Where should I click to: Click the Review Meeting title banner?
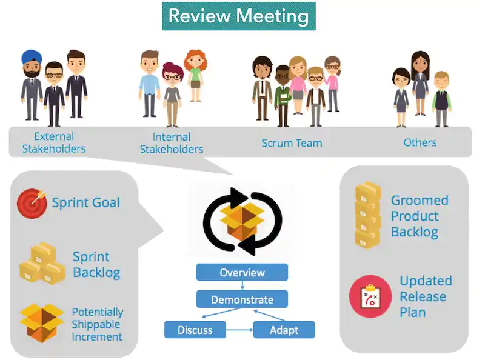pos(238,16)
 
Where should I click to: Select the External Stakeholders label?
pos(54,142)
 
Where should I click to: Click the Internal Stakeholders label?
pos(172,143)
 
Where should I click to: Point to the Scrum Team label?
pos(292,143)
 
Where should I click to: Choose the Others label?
pos(420,142)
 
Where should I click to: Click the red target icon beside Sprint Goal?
pos(32,202)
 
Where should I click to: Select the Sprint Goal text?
pos(85,202)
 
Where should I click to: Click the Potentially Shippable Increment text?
pos(97,324)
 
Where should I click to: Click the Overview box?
pos(242,272)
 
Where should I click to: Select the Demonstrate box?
pos(242,299)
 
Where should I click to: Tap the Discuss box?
pos(195,330)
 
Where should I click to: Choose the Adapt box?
pos(284,330)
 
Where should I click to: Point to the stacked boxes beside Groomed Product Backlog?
pos(367,216)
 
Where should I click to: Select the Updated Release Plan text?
pos(426,296)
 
